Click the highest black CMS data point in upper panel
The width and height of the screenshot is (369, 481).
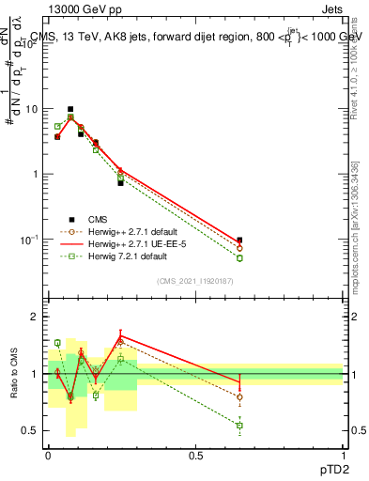[69, 109]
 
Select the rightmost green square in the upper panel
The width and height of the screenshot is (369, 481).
[239, 258]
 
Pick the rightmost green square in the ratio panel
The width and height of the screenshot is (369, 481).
[239, 426]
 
